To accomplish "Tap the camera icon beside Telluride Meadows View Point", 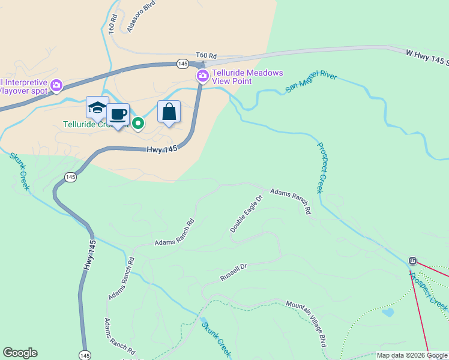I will pos(203,75).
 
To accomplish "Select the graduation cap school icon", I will pos(97,107).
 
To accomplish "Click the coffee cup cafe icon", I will pos(118,115).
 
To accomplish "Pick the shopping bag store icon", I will pos(169,112).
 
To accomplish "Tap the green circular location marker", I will pos(138,124).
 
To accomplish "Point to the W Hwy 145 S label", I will pos(427,57).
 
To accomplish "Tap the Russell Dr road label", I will pos(234,272).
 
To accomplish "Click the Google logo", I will pos(20,353).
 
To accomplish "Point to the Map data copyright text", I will pos(412,355).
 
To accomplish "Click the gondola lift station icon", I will pos(413,260).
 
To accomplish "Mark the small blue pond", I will pos(388,313).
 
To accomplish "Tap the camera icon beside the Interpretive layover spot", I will pos(56,86).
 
